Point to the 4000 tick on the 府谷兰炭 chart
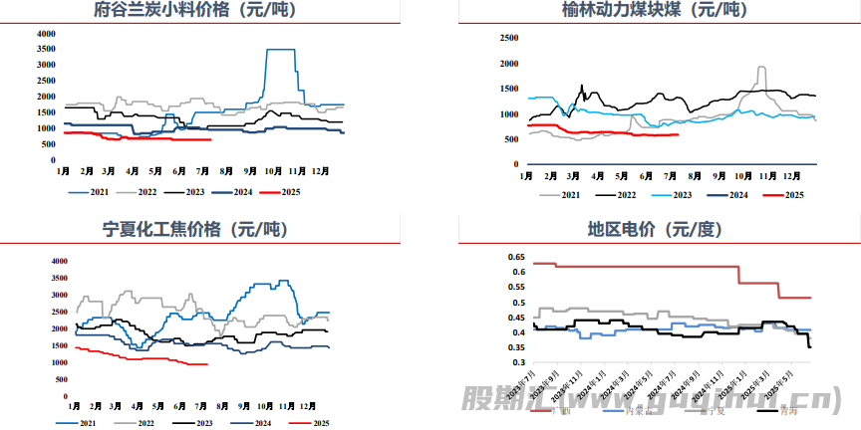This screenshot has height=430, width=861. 46,34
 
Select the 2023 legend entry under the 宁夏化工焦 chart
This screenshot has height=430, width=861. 203,423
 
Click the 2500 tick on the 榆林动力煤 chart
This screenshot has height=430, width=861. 508,39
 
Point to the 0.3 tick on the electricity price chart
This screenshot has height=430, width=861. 518,363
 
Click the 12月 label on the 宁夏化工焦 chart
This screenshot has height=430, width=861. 310,408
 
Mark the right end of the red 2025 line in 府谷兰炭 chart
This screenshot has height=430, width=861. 210,140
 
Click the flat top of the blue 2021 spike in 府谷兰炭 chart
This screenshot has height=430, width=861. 280,50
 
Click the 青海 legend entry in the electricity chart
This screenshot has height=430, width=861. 789,409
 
